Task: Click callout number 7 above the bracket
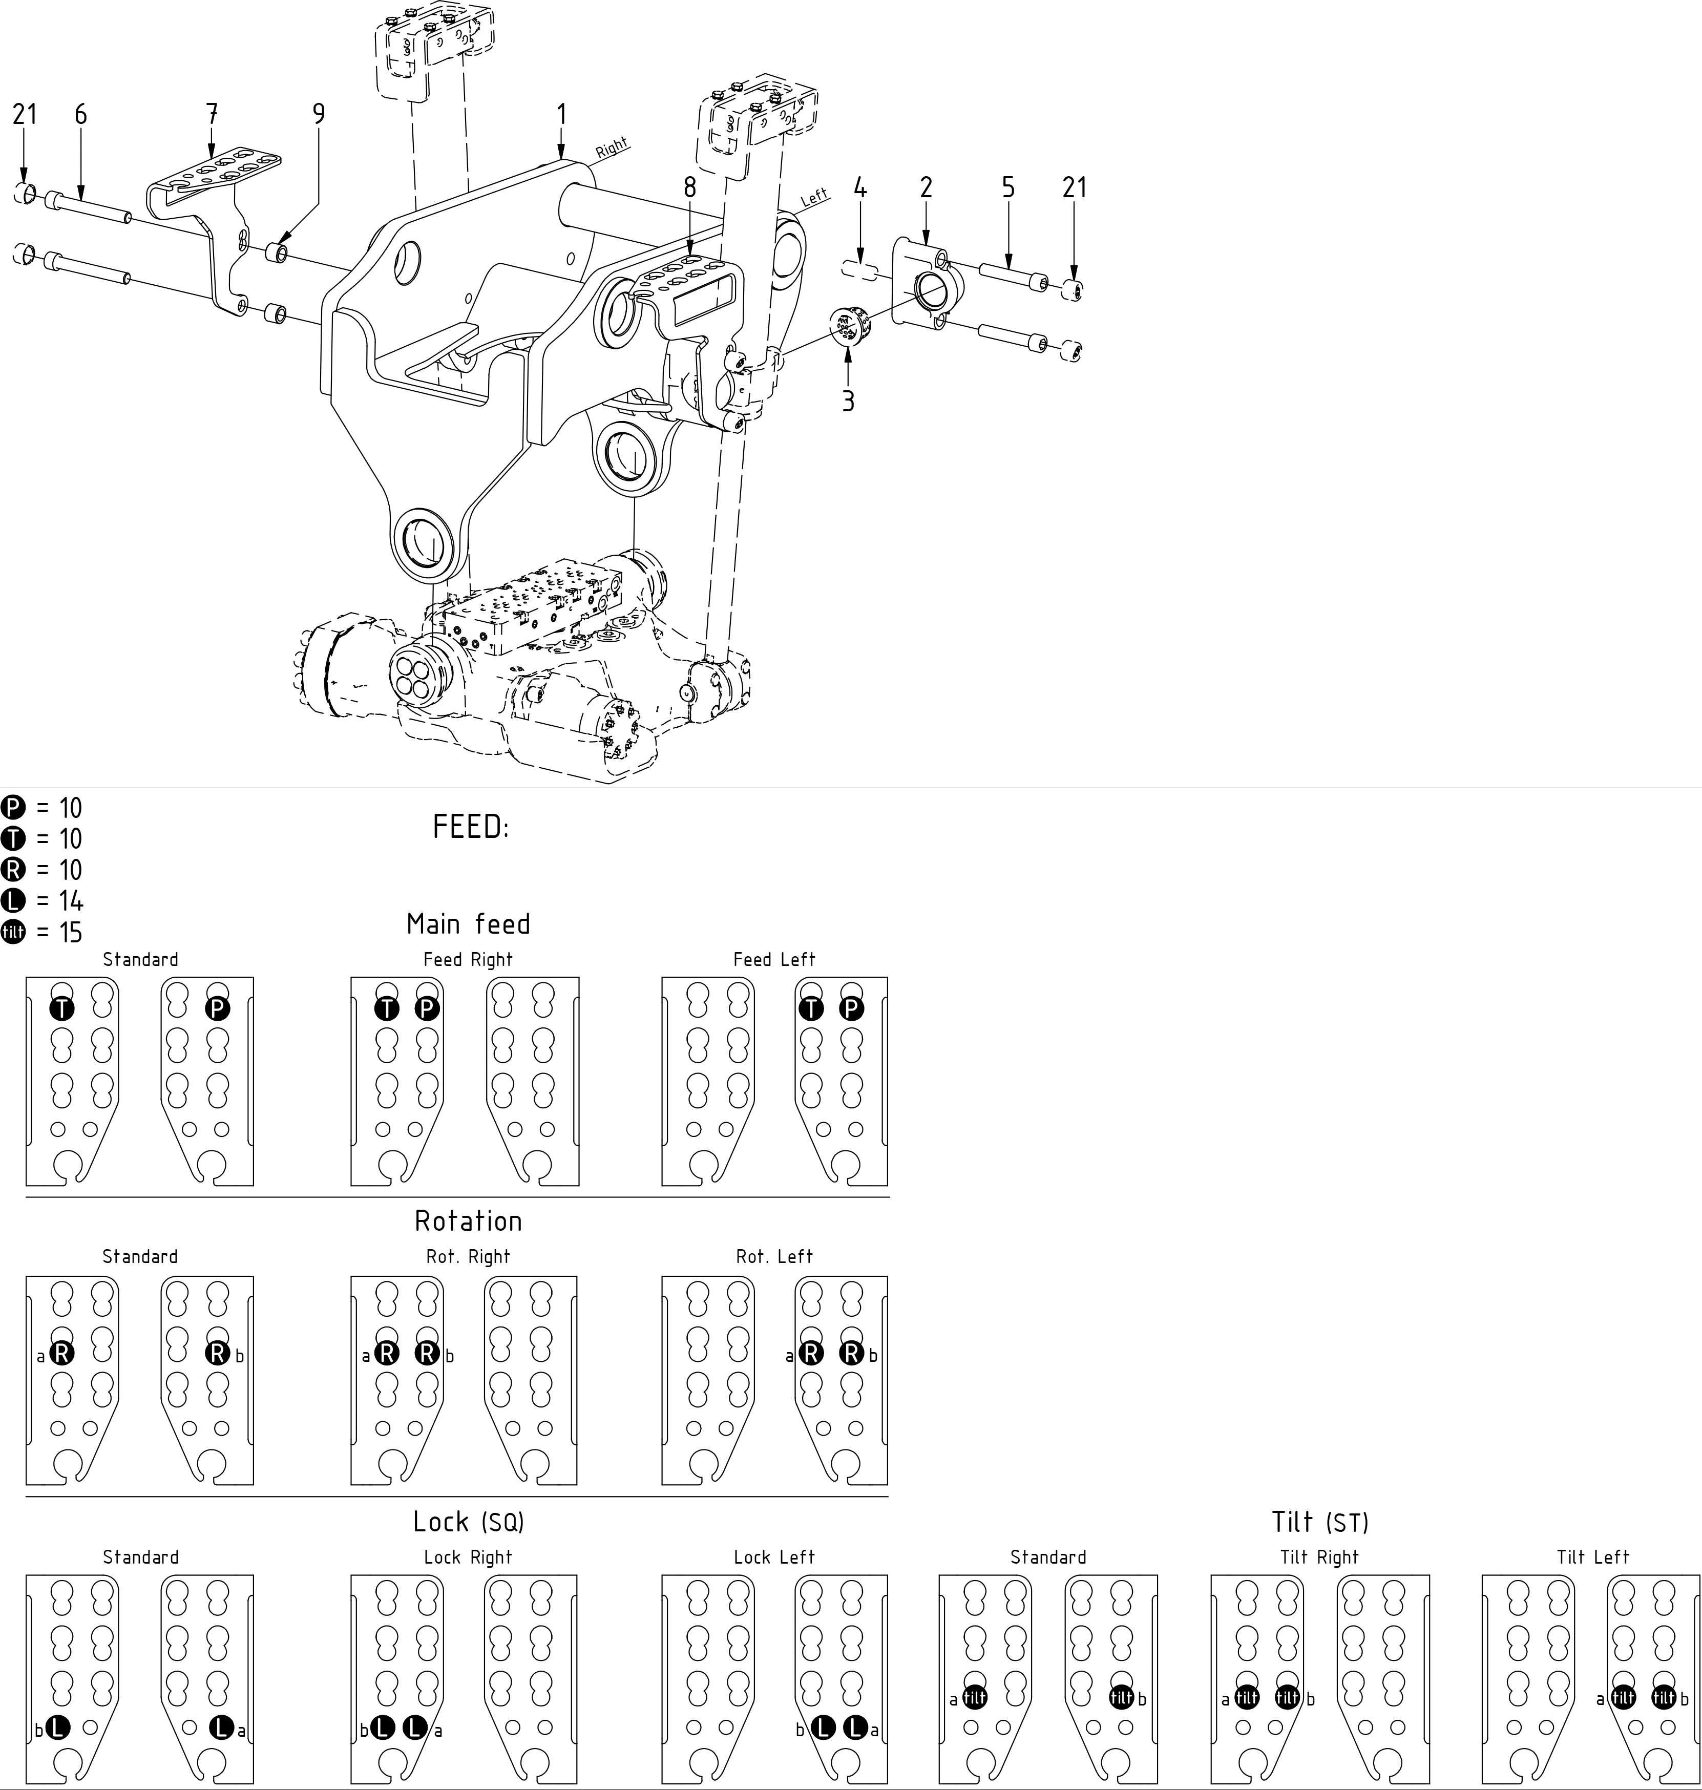point(212,114)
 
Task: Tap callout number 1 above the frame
point(561,114)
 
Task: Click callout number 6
point(81,114)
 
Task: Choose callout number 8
point(689,188)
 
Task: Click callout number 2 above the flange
point(926,188)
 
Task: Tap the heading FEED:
point(471,828)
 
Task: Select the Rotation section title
point(468,1221)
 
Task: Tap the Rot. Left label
point(774,1256)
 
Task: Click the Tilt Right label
point(1319,1557)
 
